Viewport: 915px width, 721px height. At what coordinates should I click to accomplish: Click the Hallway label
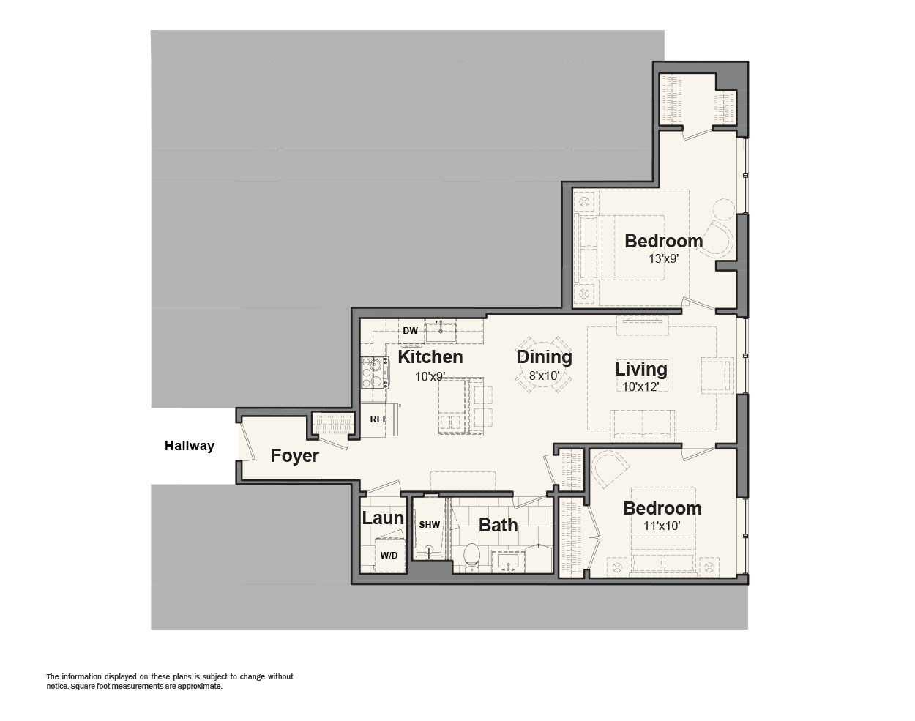click(189, 446)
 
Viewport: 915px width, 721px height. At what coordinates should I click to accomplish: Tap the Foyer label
click(295, 456)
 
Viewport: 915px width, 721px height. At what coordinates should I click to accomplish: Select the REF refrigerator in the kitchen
click(380, 419)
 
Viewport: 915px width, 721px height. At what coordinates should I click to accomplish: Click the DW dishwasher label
click(411, 330)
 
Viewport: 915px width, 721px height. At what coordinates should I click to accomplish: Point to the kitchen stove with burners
click(375, 373)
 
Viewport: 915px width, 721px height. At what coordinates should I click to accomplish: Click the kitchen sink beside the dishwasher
click(441, 332)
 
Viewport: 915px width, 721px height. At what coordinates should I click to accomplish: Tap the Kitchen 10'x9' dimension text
click(430, 376)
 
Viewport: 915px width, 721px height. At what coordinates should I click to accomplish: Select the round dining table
click(544, 365)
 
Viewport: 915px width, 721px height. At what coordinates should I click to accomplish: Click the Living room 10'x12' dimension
click(640, 387)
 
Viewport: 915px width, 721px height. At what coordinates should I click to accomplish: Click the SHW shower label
click(430, 525)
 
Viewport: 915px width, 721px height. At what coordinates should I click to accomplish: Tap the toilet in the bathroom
click(471, 556)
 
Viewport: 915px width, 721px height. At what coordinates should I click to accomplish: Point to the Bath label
click(498, 525)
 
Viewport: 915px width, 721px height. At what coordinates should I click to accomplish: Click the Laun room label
click(383, 518)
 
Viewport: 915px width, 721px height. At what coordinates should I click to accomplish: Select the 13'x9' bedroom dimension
click(663, 258)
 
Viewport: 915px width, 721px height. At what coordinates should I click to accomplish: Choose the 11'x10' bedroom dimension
click(662, 526)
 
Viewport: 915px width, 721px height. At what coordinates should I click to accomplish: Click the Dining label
click(544, 356)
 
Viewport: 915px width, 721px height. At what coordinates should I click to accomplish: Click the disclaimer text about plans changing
click(170, 681)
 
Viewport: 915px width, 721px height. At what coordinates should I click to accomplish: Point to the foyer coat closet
click(333, 424)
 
